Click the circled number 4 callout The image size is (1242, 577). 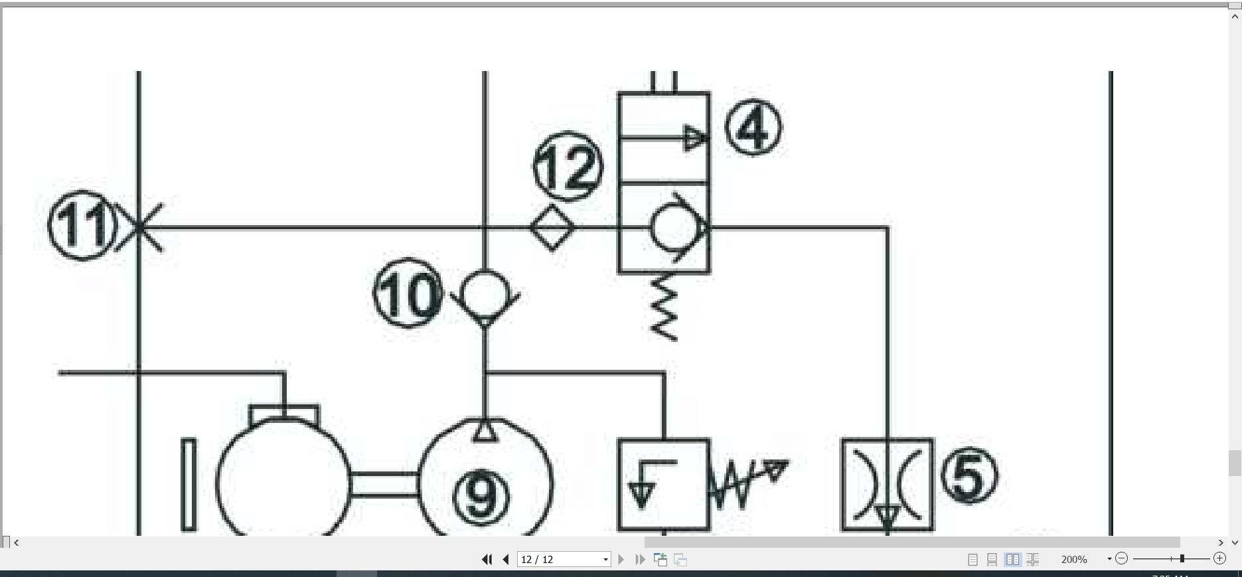tap(753, 127)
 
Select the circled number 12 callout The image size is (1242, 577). tap(568, 166)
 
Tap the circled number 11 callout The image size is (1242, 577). tap(82, 226)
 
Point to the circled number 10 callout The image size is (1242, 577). tap(408, 293)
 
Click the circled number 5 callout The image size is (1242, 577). tap(969, 475)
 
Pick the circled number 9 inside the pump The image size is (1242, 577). tap(481, 496)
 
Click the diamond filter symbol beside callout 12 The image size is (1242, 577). tap(552, 228)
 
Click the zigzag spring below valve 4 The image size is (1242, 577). tap(664, 307)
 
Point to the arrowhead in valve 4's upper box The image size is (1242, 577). tap(696, 138)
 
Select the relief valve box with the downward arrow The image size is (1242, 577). tap(664, 485)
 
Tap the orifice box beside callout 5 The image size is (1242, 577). tap(888, 485)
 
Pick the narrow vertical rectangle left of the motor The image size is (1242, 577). tap(189, 485)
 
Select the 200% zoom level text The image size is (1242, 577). tap(1074, 559)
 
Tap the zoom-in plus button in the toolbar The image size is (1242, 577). tap(1219, 558)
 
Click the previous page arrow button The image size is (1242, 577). tap(506, 559)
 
